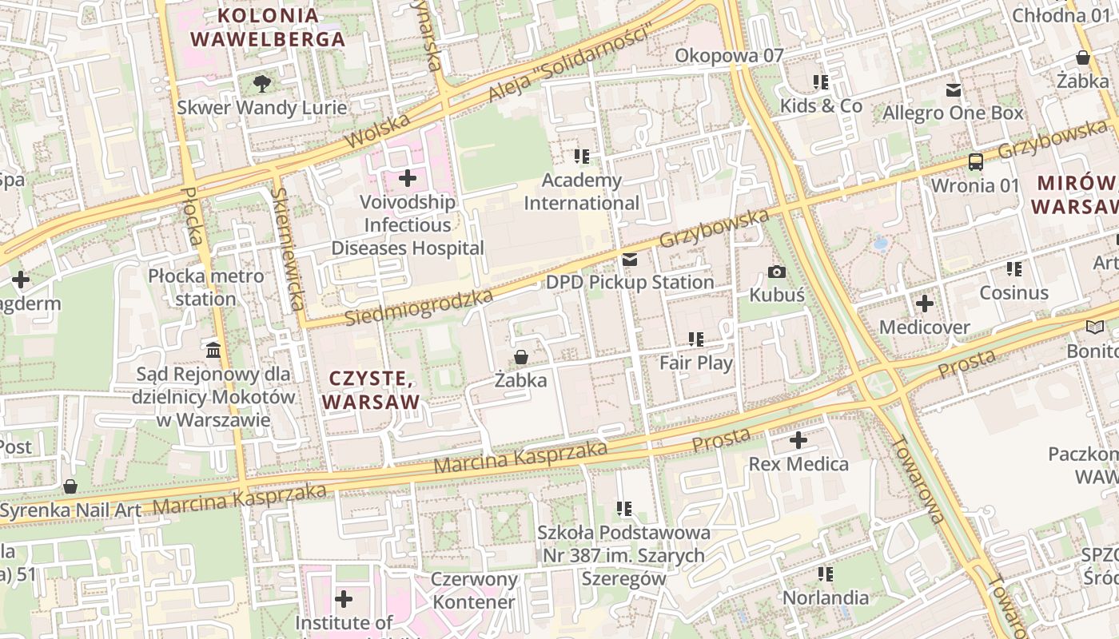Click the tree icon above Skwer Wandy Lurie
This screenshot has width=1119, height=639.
(x=261, y=82)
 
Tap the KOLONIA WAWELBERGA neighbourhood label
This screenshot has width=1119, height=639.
(x=268, y=26)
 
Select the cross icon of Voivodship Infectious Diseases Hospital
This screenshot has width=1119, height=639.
(x=408, y=177)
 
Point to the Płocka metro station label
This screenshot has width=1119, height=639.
(x=205, y=288)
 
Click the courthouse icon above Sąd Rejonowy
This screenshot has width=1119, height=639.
(x=213, y=350)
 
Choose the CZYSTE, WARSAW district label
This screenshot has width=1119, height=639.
(x=372, y=390)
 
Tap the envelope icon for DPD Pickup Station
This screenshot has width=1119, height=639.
(x=630, y=260)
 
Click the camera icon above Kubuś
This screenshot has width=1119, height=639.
(x=776, y=272)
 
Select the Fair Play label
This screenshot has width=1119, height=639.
(x=695, y=363)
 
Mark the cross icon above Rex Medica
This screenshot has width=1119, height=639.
(x=798, y=439)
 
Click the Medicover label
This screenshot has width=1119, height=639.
(x=924, y=327)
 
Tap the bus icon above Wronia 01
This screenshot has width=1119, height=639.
(x=975, y=162)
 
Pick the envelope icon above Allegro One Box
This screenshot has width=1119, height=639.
(x=953, y=89)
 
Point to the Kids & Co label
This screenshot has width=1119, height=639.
(x=821, y=105)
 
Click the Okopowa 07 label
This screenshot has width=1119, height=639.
(x=729, y=55)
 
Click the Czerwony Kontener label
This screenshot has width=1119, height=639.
(x=474, y=590)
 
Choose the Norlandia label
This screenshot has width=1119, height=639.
(x=825, y=597)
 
